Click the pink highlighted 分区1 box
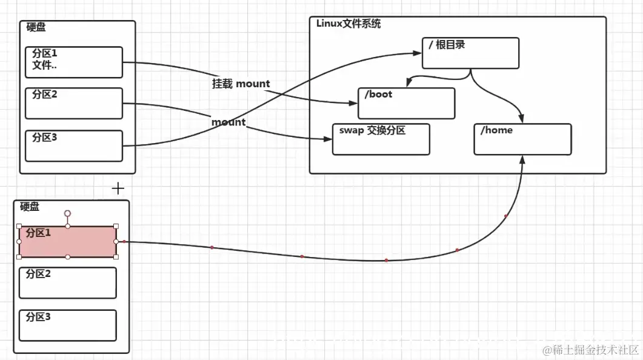click(x=67, y=242)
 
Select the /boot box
click(x=406, y=103)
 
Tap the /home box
click(x=522, y=139)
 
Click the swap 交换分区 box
click(x=381, y=139)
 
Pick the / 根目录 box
click(x=470, y=53)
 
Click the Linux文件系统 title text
click(x=348, y=24)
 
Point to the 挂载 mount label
click(x=241, y=84)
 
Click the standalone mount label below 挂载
click(x=228, y=122)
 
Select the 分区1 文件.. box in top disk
click(x=73, y=62)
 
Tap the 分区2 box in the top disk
click(x=73, y=103)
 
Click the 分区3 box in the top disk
click(x=73, y=145)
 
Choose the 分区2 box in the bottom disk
click(x=67, y=282)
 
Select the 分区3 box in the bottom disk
click(x=67, y=325)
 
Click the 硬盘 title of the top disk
click(x=36, y=27)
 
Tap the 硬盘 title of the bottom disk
click(x=30, y=207)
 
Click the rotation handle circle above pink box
click(x=68, y=213)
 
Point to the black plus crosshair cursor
click(x=118, y=188)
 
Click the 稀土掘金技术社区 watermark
click(x=591, y=350)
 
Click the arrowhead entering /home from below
click(x=522, y=159)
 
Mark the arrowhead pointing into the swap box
click(x=329, y=139)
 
